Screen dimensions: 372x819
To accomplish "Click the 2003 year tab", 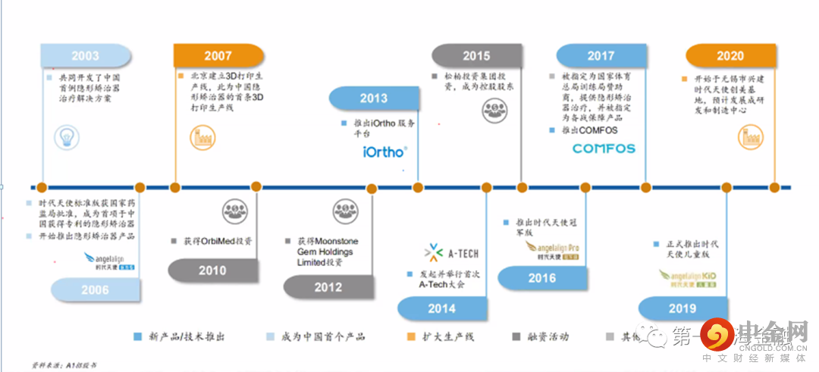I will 85,56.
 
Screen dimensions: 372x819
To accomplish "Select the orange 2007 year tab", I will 218,56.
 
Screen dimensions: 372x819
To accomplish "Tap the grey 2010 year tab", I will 212,270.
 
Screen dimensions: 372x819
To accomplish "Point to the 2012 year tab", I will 328,287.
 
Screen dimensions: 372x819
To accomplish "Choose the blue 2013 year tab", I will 373,98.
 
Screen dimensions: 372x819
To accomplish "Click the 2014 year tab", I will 441,308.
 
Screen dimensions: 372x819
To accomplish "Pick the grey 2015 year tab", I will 476,56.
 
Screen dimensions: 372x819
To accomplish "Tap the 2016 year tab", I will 542,278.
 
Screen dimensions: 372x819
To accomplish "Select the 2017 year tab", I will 601,56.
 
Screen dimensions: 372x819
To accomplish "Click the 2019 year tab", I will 682,308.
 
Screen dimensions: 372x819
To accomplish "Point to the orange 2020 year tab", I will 730,56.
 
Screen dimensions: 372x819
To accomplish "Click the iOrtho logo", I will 385,152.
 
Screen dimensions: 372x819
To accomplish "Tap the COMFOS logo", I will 604,148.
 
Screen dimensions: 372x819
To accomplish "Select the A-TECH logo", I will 453,253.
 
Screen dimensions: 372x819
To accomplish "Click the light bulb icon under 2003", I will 66,137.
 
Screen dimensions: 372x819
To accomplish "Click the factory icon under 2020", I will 750,137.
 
